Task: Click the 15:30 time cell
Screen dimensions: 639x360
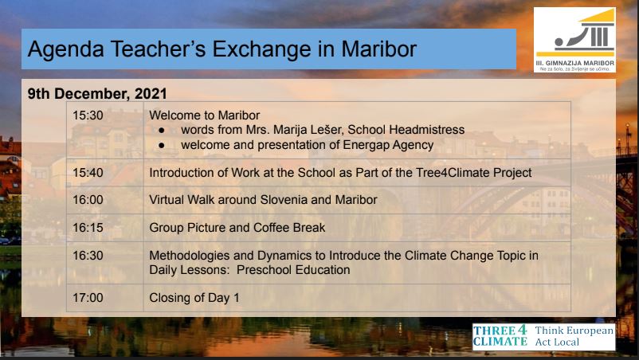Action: tap(105, 131)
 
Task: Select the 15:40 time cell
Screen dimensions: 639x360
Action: tap(105, 173)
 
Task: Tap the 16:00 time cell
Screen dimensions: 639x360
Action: tap(105, 200)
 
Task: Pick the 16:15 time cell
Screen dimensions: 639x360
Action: tap(105, 228)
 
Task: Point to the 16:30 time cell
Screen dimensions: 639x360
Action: tap(105, 263)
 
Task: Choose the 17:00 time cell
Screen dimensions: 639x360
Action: tap(105, 298)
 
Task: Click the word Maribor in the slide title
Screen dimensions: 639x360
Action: tap(378, 49)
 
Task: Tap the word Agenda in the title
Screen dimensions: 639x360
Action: tap(65, 50)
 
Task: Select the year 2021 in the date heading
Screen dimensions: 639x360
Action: tap(151, 94)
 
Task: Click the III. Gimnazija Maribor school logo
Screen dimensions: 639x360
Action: tap(574, 40)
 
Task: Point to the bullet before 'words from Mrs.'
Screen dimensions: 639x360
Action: tap(162, 131)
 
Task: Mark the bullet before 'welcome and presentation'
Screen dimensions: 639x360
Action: tap(162, 146)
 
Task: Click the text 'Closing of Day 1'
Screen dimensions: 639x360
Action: tap(194, 298)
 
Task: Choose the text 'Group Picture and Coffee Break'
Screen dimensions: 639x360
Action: tap(237, 228)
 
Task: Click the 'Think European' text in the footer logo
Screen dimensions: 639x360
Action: tap(574, 331)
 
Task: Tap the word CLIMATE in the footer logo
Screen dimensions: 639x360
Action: tap(500, 341)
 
